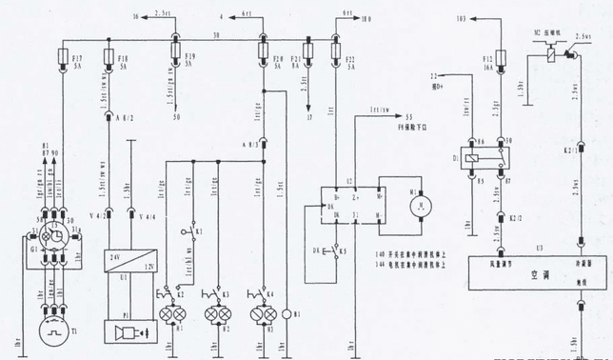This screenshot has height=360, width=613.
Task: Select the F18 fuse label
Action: pyautogui.click(x=123, y=62)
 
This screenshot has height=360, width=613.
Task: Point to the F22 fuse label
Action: pyautogui.click(x=348, y=62)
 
